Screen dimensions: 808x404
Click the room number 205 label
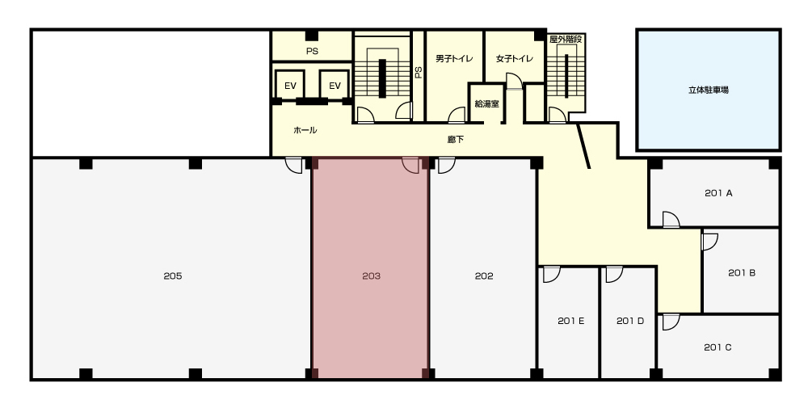[173, 276]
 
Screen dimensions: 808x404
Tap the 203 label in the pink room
[371, 276]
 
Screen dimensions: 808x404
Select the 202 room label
[484, 276]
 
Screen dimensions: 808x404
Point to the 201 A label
[718, 193]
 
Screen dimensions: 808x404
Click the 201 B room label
[742, 273]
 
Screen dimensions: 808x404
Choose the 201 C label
[718, 347]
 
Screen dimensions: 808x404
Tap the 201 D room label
[630, 321]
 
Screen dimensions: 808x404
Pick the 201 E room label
[570, 321]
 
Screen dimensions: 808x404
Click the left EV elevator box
[290, 85]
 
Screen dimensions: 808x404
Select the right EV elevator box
[335, 85]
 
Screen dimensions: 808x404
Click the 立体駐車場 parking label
[709, 90]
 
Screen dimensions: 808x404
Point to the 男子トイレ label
[454, 59]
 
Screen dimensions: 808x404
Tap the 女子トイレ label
[514, 59]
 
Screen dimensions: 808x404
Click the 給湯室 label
[486, 103]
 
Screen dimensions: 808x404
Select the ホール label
[305, 130]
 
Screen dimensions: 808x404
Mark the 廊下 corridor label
[455, 139]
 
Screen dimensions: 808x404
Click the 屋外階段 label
[566, 39]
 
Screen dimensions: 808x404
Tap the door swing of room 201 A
[671, 220]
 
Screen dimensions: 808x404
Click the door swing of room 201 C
[671, 322]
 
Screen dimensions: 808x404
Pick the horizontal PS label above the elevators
[312, 52]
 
